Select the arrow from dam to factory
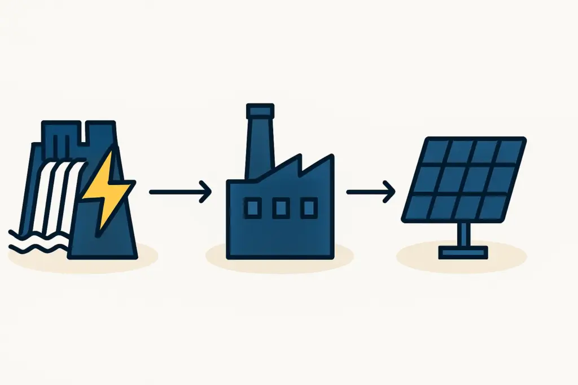coord(179,192)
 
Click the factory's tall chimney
coord(259,147)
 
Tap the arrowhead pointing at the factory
coord(206,192)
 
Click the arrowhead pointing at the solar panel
coord(389,192)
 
